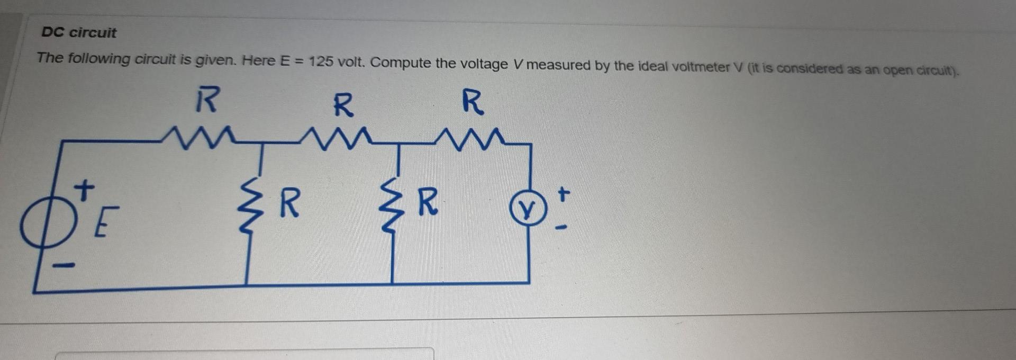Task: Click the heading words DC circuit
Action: pyautogui.click(x=79, y=32)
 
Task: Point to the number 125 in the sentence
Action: pyautogui.click(x=321, y=61)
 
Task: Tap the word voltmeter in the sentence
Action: pyautogui.click(x=697, y=67)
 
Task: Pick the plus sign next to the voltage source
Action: pyautogui.click(x=84, y=189)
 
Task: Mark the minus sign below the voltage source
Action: pyautogui.click(x=64, y=265)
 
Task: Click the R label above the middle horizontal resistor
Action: pyautogui.click(x=343, y=105)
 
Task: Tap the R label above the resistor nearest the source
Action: pyautogui.click(x=206, y=100)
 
